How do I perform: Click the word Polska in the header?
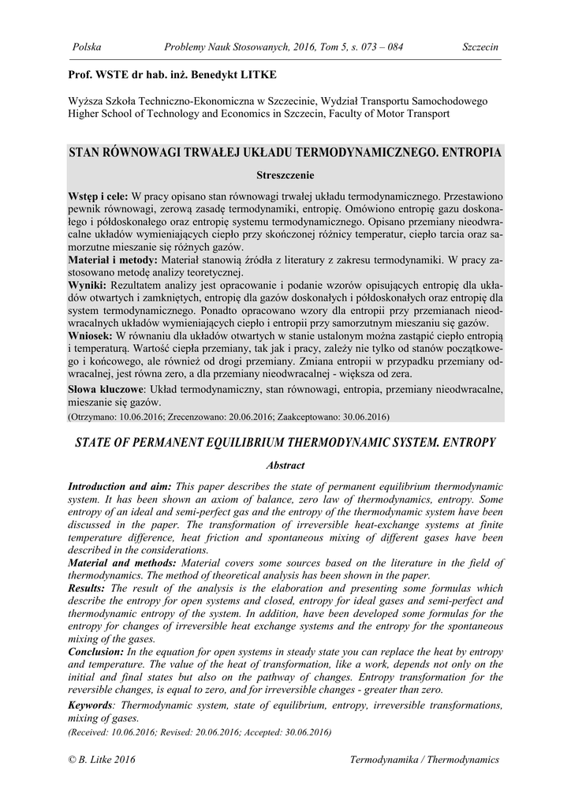tap(87, 47)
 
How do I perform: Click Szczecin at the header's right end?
tap(480, 47)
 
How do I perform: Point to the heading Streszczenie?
tap(285, 173)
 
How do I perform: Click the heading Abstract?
tap(285, 466)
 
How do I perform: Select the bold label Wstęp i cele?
tap(99, 194)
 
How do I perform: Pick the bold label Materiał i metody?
tap(114, 259)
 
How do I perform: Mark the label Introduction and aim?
tap(120, 488)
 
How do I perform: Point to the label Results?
tap(88, 587)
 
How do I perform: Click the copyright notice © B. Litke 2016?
tap(103, 759)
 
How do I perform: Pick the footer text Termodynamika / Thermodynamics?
tap(424, 759)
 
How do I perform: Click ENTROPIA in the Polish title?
tap(467, 151)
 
